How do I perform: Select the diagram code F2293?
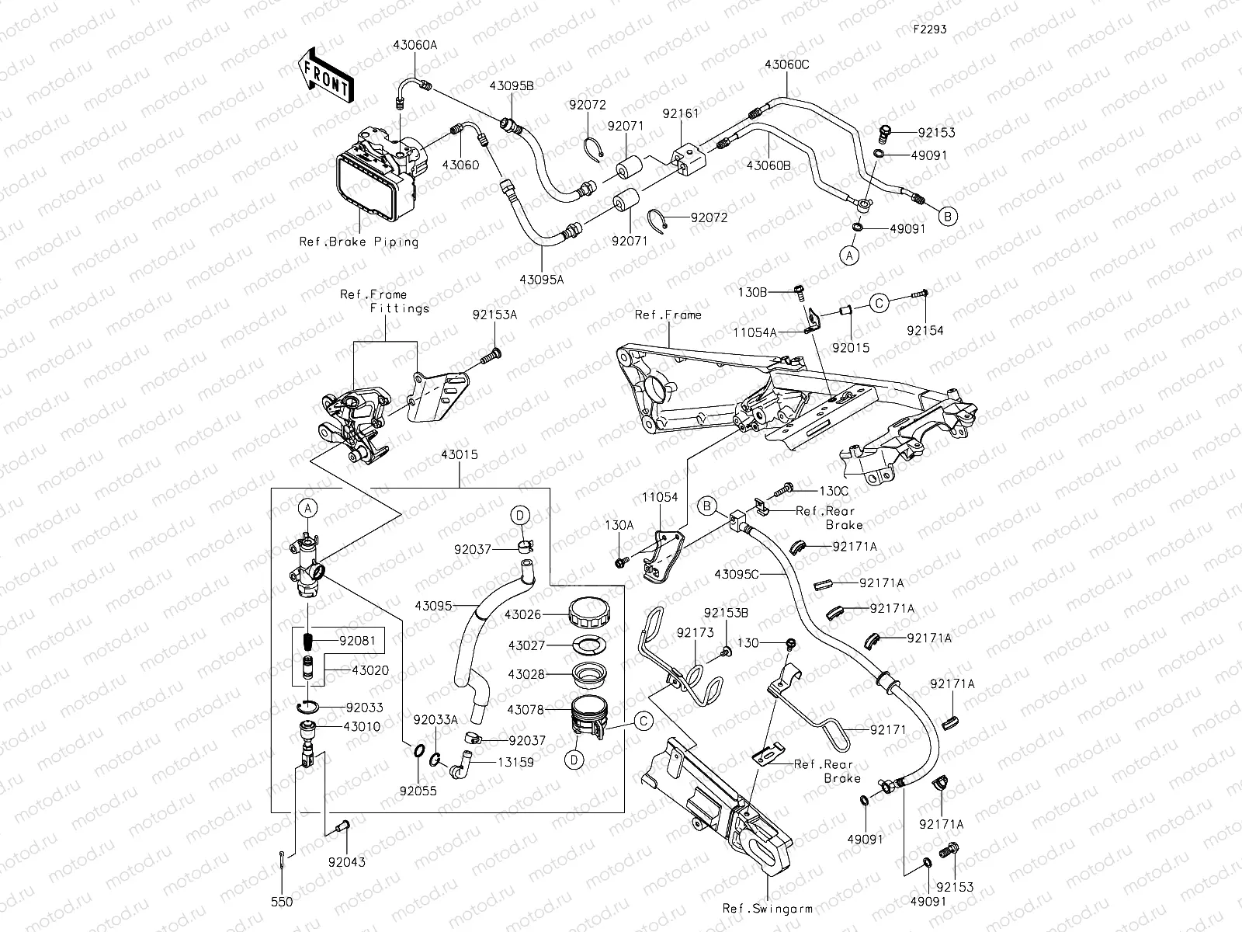coord(929,29)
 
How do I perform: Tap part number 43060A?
coord(415,45)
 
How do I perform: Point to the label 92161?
coord(680,113)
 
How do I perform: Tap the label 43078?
coord(526,709)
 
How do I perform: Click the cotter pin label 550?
coord(281,902)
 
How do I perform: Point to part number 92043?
coord(346,862)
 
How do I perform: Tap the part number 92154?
coord(925,330)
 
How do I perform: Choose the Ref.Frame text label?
coord(668,315)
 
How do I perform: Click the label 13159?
coord(515,763)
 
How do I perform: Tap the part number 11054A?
coord(755,332)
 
